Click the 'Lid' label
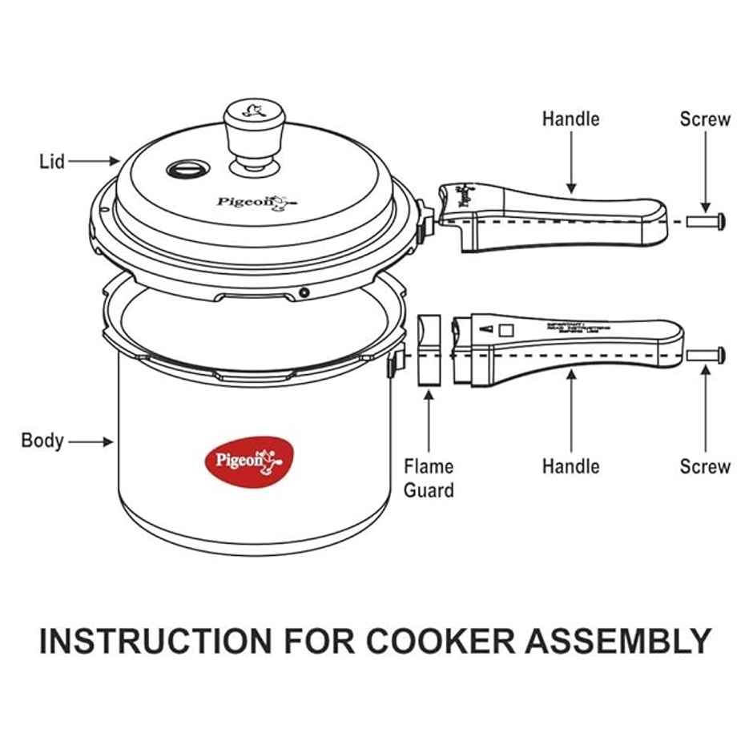[x=52, y=161]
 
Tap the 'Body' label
[x=42, y=441]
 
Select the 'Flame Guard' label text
[x=429, y=477]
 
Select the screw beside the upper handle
[x=706, y=219]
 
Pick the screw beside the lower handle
[x=706, y=353]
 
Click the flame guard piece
[x=429, y=349]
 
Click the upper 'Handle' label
[x=570, y=119]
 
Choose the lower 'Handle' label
[x=570, y=466]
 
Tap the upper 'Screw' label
[x=705, y=119]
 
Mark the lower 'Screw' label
[x=705, y=466]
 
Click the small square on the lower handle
[x=505, y=329]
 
